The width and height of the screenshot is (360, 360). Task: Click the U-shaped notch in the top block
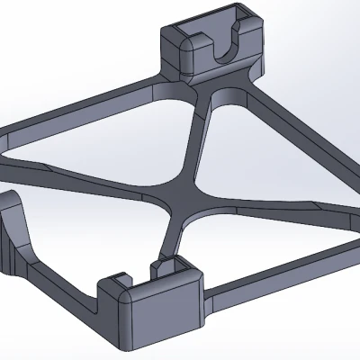click(x=225, y=52)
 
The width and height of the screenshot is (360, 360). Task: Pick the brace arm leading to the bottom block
click(x=171, y=238)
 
